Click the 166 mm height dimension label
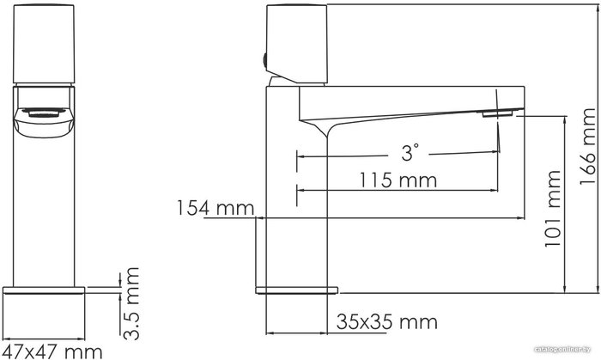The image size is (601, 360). point(588,146)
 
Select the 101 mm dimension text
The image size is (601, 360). point(553,209)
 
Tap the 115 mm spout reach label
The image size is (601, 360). point(398,180)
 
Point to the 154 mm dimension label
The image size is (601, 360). point(216,208)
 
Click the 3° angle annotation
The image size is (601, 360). point(410,152)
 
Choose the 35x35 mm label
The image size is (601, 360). point(387,322)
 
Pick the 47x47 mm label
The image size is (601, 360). point(52,351)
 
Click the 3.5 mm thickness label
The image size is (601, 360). point(131,303)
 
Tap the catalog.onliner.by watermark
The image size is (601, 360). point(562,350)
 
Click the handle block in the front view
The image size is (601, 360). point(44,44)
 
